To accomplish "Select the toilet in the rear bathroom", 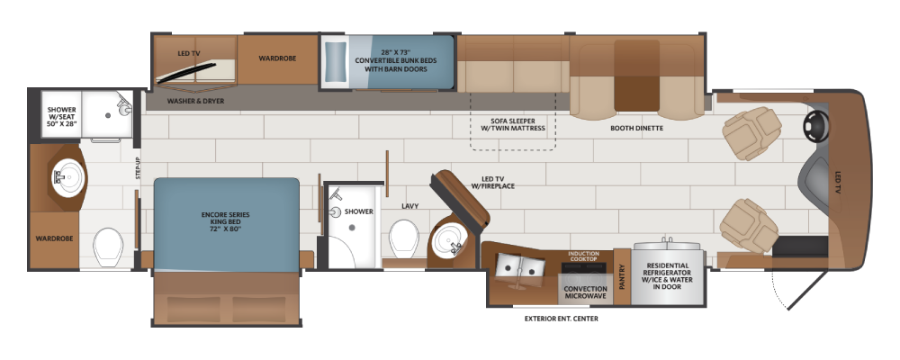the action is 108,247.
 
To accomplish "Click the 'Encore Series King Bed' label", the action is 226,221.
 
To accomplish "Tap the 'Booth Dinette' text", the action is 636,129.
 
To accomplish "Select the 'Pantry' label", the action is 623,276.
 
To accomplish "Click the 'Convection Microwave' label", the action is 586,292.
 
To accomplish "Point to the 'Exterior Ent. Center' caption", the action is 562,318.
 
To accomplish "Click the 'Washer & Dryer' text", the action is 195,102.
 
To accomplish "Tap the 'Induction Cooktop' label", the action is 584,256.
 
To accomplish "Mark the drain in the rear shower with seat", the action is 107,115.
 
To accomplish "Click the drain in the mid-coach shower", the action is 352,228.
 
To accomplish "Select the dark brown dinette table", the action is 636,76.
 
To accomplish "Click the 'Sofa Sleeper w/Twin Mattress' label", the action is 513,125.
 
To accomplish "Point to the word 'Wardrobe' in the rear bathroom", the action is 54,238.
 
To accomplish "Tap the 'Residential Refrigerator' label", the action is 666,276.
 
